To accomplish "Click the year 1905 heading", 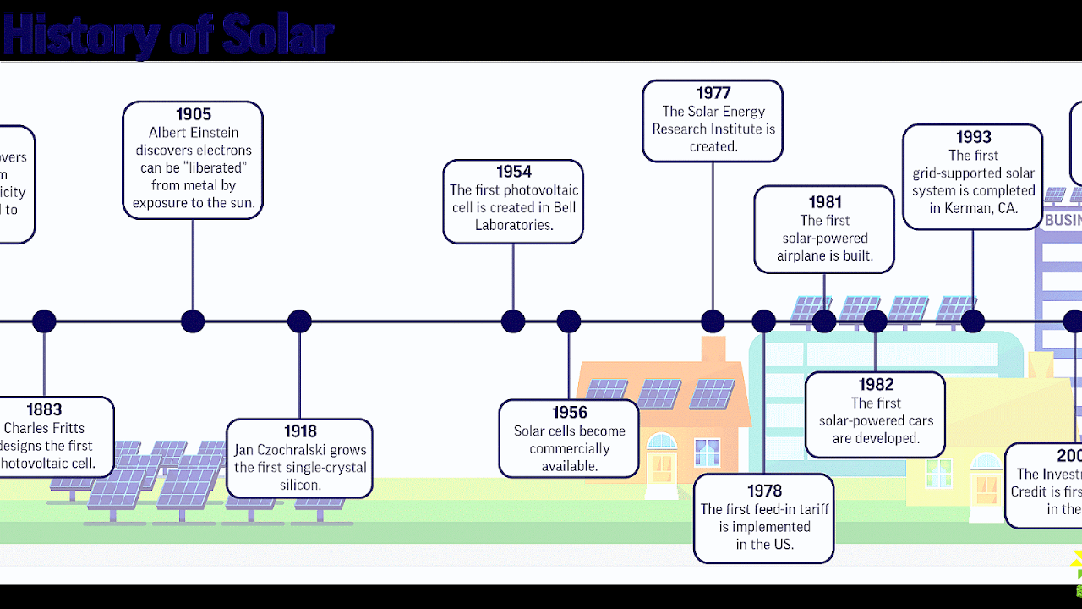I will pyautogui.click(x=193, y=114).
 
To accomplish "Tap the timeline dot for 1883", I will pyautogui.click(x=44, y=321).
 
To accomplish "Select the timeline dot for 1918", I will pyautogui.click(x=299, y=321).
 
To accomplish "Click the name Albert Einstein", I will pyautogui.click(x=194, y=133).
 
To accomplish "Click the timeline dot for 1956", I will pyautogui.click(x=569, y=321).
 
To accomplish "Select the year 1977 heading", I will pyautogui.click(x=713, y=93).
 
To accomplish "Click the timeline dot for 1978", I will pyautogui.click(x=763, y=321).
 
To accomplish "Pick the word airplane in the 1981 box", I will pyautogui.click(x=806, y=255).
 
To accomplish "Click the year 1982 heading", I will pyautogui.click(x=875, y=385).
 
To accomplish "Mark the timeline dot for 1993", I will pyautogui.click(x=972, y=321).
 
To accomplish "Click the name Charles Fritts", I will pyautogui.click(x=44, y=428).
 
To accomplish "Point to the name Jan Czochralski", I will pyautogui.click(x=276, y=450).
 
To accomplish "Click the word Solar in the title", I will pyautogui.click(x=277, y=36).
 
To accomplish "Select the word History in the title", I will pyautogui.click(x=80, y=36).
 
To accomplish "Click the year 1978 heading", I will pyautogui.click(x=764, y=491).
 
